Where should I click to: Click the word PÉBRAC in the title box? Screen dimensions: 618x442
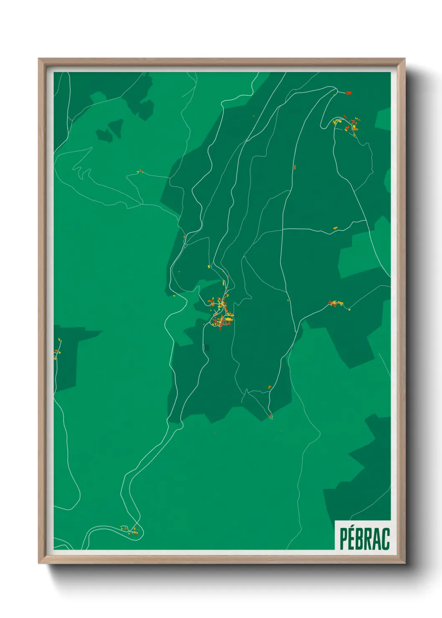coord(364,539)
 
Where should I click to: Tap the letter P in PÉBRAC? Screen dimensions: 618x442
coord(344,539)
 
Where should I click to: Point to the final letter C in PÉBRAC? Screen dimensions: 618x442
coord(385,539)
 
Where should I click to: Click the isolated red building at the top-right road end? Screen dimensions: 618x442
coord(349,93)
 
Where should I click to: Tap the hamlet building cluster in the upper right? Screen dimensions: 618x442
coord(348,124)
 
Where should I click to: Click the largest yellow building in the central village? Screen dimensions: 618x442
coord(229,319)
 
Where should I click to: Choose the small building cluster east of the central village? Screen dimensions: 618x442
coord(336,303)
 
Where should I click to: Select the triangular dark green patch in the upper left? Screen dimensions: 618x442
coord(111,129)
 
